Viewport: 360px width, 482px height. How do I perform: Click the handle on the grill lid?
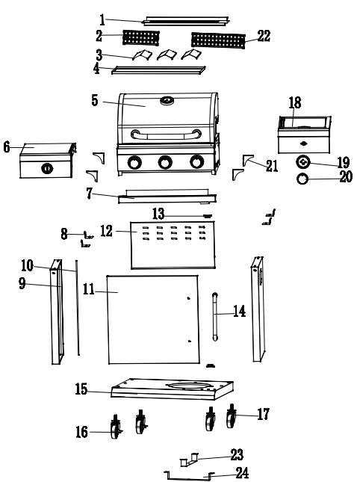click(165, 134)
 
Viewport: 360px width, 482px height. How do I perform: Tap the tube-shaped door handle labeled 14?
click(217, 317)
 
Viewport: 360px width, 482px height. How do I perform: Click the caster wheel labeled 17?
click(231, 418)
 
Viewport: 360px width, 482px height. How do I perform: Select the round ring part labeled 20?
click(304, 178)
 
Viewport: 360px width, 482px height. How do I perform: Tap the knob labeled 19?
click(304, 162)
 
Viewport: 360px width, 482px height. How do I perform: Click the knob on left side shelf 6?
click(46, 168)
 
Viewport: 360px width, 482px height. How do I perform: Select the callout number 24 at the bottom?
click(241, 472)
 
